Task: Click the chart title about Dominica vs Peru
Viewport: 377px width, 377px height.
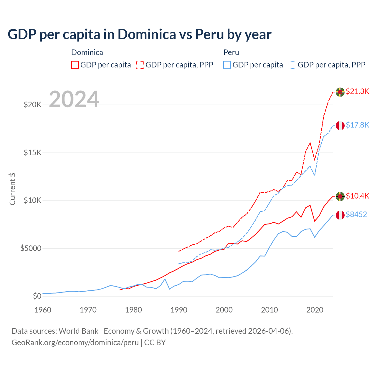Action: click(x=139, y=34)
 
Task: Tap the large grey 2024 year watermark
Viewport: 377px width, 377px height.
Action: click(x=74, y=99)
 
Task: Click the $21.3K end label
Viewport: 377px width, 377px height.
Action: click(x=357, y=91)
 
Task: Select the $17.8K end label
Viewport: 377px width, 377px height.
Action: click(x=357, y=125)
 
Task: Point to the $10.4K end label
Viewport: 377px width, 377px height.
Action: click(x=357, y=196)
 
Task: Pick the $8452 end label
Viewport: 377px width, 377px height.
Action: click(x=356, y=214)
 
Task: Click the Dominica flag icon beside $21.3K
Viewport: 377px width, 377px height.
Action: click(x=340, y=92)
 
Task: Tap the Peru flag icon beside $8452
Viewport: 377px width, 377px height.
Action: click(x=340, y=215)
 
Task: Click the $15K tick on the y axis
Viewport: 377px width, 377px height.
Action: click(x=33, y=153)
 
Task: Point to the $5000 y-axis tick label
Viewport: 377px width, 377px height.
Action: click(x=31, y=248)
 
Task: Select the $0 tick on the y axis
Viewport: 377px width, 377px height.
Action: click(x=37, y=296)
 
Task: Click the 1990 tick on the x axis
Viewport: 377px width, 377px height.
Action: click(x=179, y=310)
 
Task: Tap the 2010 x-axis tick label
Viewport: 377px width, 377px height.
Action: click(x=269, y=310)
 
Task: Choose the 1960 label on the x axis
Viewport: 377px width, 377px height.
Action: click(x=43, y=310)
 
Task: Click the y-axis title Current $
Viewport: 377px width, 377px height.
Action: click(x=12, y=189)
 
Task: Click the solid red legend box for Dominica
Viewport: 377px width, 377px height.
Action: click(x=75, y=65)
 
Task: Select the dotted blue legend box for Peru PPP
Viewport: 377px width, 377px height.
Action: click(x=292, y=65)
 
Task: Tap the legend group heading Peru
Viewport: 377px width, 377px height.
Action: click(x=231, y=52)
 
